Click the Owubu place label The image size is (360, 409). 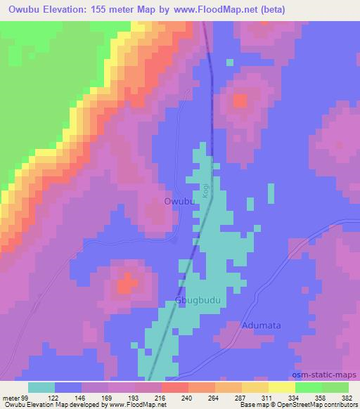click(x=179, y=202)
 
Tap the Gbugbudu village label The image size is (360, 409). click(x=198, y=301)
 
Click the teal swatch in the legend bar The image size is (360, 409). click(x=41, y=387)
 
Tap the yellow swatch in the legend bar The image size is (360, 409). click(x=282, y=387)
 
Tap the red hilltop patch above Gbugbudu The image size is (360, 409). click(x=126, y=286)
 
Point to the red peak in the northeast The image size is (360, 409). click(x=241, y=100)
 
